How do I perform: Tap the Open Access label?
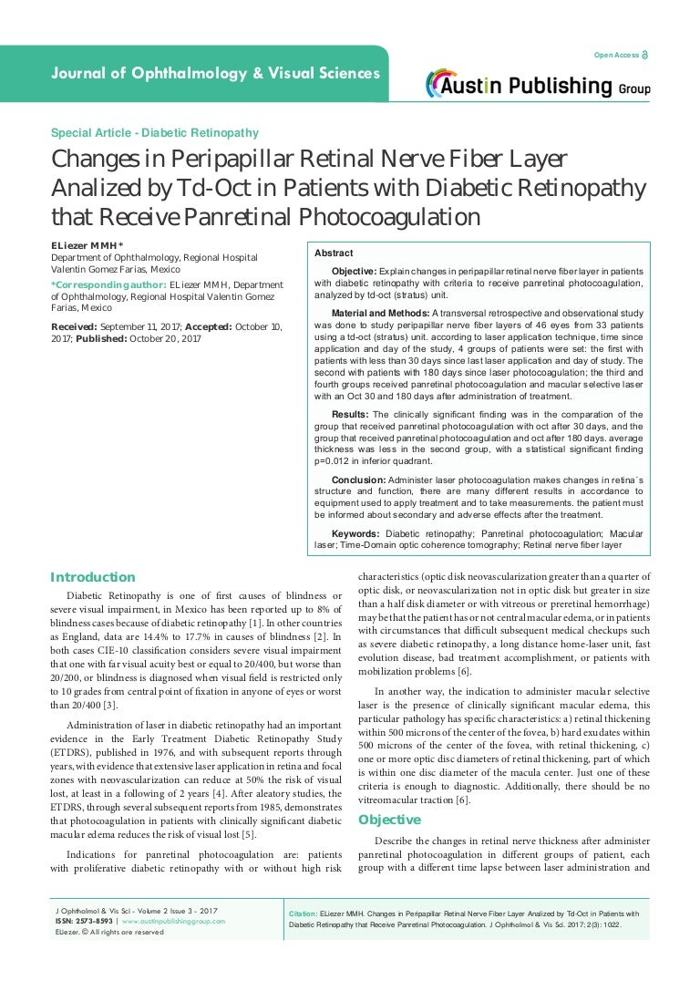(616, 56)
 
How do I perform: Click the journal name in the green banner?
(214, 73)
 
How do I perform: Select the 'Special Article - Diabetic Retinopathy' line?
(155, 133)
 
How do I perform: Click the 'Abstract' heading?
(334, 253)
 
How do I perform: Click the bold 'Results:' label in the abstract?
(351, 414)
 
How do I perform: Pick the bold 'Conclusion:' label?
(358, 479)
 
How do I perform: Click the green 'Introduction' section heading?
(92, 577)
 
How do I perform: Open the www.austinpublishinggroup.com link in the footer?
(174, 922)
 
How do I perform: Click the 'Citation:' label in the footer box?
(303, 913)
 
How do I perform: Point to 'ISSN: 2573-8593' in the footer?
(85, 922)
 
